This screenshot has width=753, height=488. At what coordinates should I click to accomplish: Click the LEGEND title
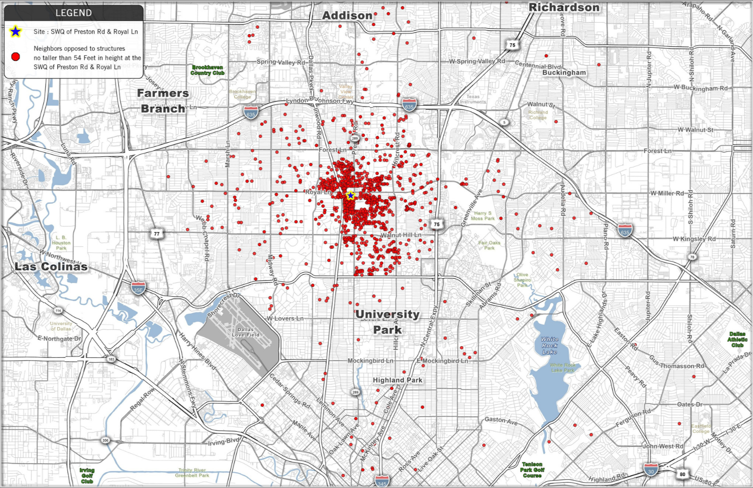pos(74,13)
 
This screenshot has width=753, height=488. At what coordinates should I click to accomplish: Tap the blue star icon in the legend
pos(16,32)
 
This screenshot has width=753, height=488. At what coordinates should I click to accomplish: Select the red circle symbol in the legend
pos(16,57)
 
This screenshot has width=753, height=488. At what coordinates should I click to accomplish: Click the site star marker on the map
pos(350,196)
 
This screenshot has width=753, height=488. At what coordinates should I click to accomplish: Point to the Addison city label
pos(347,16)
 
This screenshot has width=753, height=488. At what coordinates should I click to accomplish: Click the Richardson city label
pos(564,8)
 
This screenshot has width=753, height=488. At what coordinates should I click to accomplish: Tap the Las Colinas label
pos(51,267)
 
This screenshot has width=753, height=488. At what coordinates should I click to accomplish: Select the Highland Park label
pos(397,380)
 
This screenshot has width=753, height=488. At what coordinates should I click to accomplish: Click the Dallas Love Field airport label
pos(246,332)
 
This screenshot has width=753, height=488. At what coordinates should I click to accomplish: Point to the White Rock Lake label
pos(549,345)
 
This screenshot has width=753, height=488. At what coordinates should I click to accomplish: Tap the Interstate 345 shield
pos(382,482)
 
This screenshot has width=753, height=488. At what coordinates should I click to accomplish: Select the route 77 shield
pos(157,234)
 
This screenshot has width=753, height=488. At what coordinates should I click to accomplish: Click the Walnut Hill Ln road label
pos(400,235)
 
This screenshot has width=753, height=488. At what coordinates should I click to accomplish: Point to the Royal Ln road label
pos(318,192)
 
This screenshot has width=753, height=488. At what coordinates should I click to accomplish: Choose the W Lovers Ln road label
pos(285,319)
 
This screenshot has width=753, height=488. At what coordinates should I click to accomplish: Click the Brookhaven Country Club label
pos(207,70)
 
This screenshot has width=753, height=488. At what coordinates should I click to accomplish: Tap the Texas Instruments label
pos(473,99)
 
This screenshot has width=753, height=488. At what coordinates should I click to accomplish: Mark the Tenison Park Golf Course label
pos(532,469)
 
